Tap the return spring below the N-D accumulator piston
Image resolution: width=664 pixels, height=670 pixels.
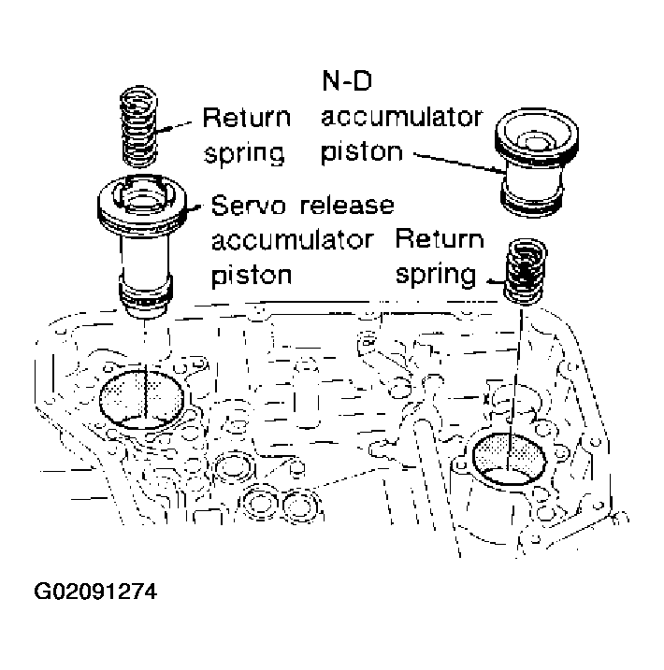[526, 269]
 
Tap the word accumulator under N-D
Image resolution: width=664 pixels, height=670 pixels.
[401, 119]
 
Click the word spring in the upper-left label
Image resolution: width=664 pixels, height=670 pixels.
[244, 152]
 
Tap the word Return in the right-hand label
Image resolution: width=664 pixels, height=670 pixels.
[440, 240]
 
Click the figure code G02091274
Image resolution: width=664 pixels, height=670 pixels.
[94, 593]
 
